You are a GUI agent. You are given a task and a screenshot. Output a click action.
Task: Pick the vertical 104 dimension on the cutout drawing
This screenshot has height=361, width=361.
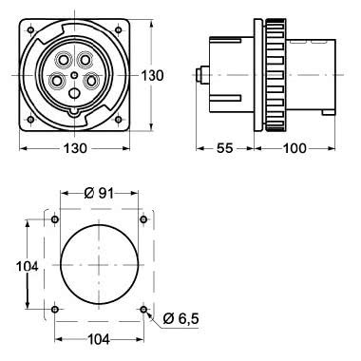[x=27, y=267]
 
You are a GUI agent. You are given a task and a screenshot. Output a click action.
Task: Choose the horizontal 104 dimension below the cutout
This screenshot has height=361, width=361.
[x=99, y=339]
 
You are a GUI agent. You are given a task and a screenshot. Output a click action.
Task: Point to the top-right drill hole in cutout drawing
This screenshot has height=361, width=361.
[x=143, y=221]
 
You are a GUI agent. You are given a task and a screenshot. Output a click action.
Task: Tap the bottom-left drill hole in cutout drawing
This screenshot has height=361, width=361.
[x=55, y=310]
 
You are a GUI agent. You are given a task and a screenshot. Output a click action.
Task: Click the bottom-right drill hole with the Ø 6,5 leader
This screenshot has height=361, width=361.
[x=143, y=310]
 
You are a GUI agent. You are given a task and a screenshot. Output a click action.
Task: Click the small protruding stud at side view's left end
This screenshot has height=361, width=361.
[x=201, y=73]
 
